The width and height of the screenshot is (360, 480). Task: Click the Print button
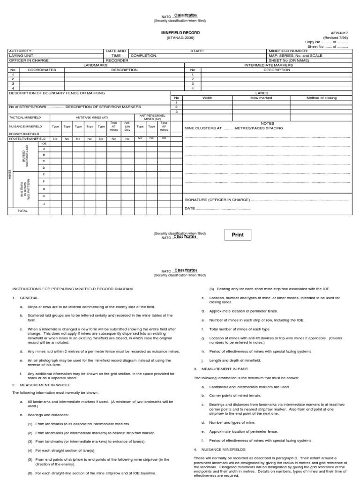(238, 235)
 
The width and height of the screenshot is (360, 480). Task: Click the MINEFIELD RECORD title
(180, 33)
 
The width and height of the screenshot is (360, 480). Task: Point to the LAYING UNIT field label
(22, 55)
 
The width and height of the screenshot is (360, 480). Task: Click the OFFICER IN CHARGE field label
(29, 60)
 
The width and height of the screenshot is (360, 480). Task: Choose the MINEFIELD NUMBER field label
(288, 51)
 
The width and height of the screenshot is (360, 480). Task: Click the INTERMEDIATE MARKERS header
(268, 65)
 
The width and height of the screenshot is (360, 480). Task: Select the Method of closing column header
(322, 98)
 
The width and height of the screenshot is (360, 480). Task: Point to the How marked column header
(261, 98)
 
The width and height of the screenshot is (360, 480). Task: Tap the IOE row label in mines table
(44, 143)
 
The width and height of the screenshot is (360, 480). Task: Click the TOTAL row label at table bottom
(22, 211)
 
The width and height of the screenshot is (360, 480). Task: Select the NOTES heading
(267, 123)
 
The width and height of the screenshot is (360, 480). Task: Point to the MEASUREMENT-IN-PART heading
(219, 369)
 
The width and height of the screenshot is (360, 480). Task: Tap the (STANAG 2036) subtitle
(180, 37)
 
